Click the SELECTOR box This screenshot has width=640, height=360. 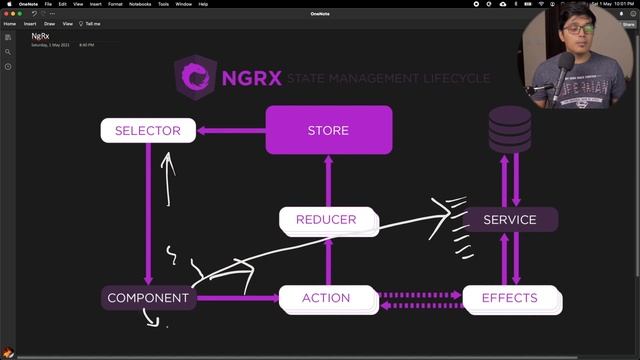pos(147,130)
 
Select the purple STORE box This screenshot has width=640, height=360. pos(328,130)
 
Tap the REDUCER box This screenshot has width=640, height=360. pos(326,220)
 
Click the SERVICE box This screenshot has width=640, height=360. pos(510,220)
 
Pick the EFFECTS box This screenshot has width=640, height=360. pos(510,298)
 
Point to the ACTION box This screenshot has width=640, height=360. pos(326,298)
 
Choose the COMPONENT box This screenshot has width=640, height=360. pos(148,298)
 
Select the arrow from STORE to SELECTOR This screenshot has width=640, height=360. pos(230,130)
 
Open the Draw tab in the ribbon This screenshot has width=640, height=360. pos(49,23)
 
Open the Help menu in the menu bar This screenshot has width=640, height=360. pos(203,4)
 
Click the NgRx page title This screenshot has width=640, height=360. pos(40,36)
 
